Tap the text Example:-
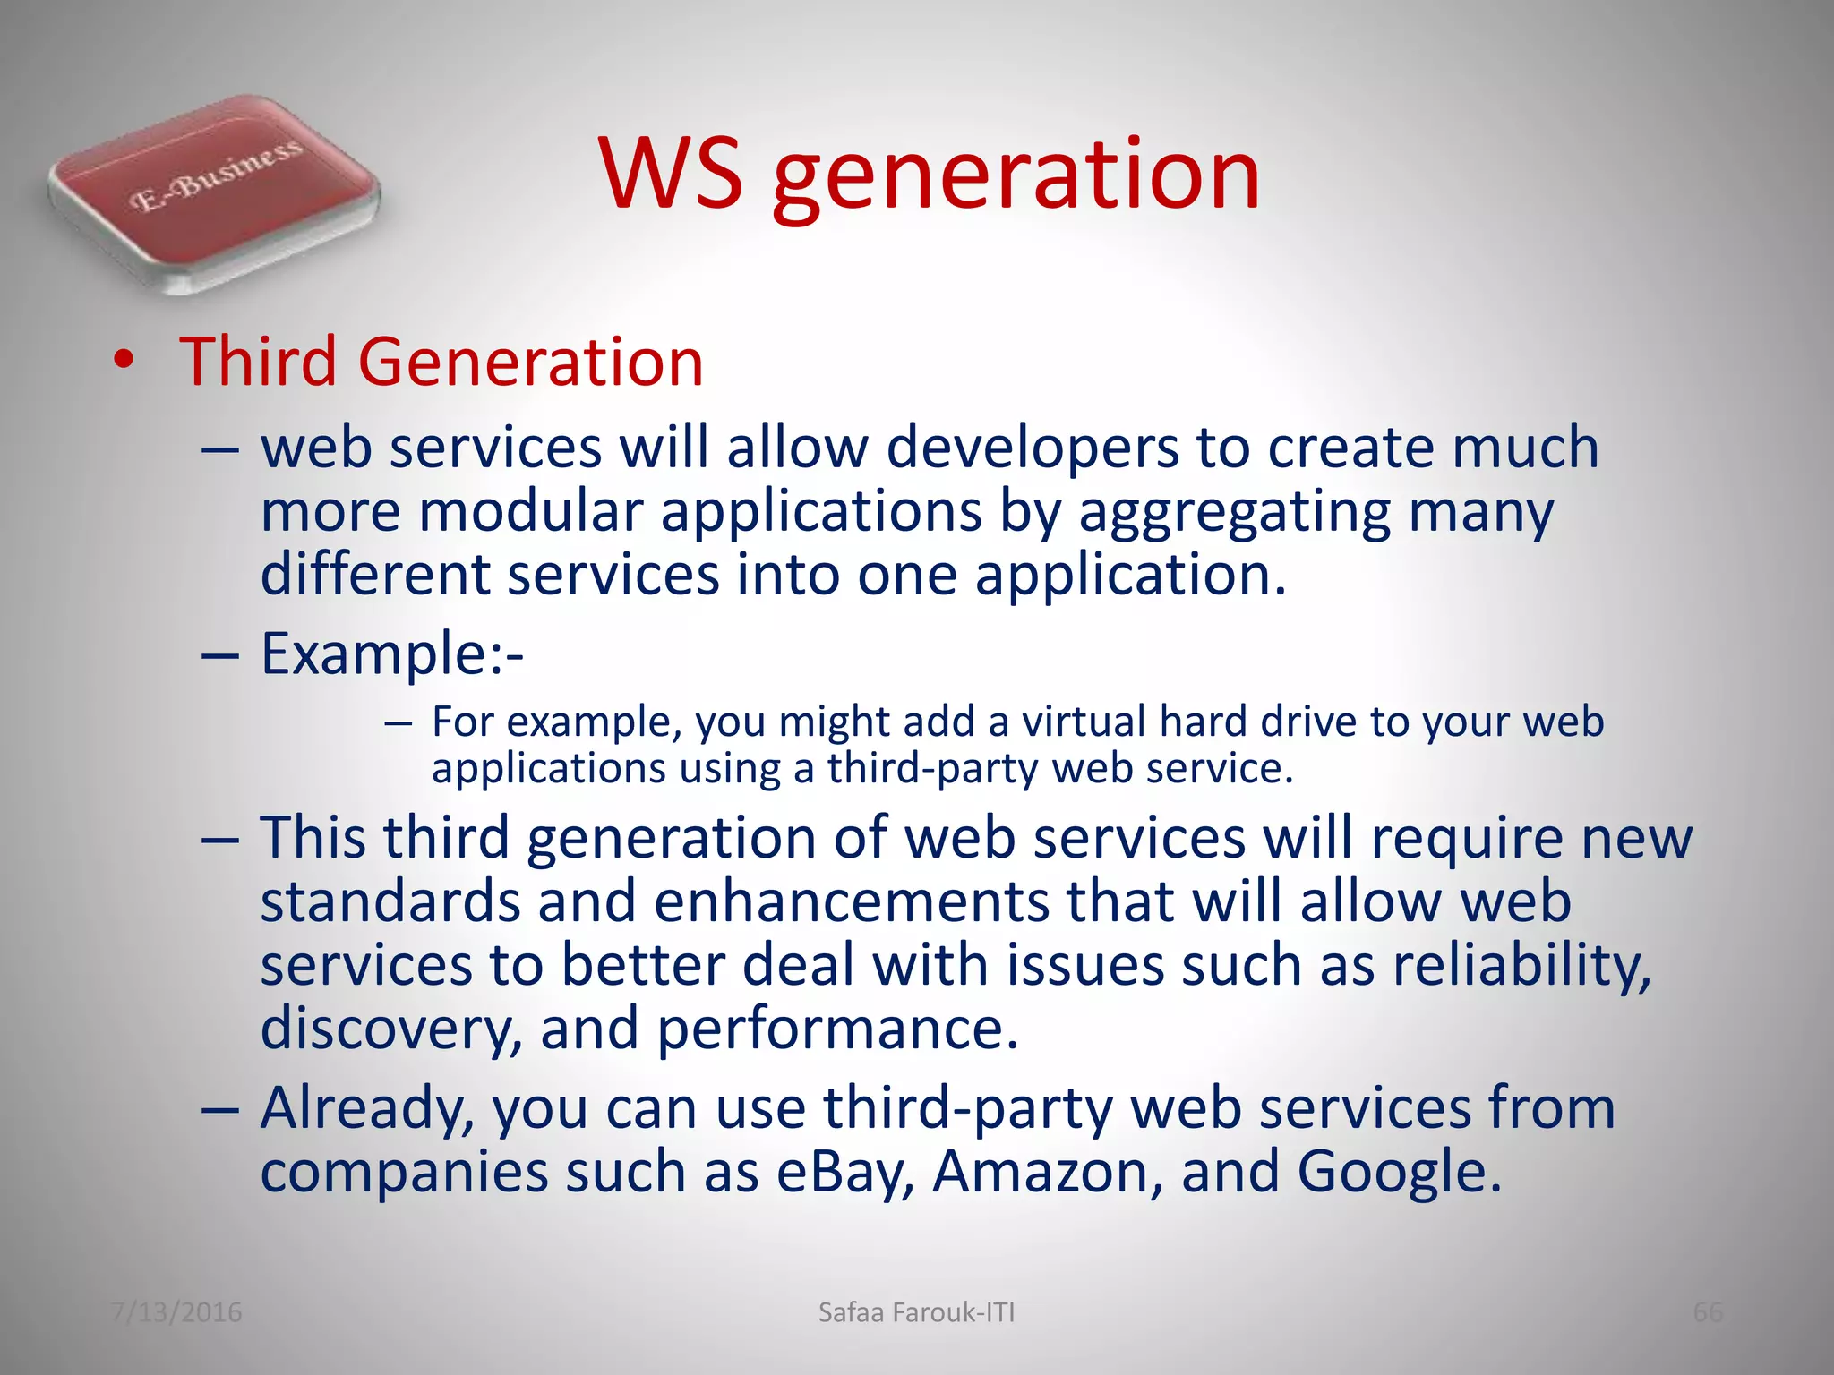pyautogui.click(x=391, y=654)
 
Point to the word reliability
pyautogui.click(x=1521, y=967)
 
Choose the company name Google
pyautogui.click(x=1398, y=1173)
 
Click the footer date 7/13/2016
pyautogui.click(x=176, y=1312)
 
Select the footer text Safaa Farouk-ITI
pyautogui.click(x=916, y=1312)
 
